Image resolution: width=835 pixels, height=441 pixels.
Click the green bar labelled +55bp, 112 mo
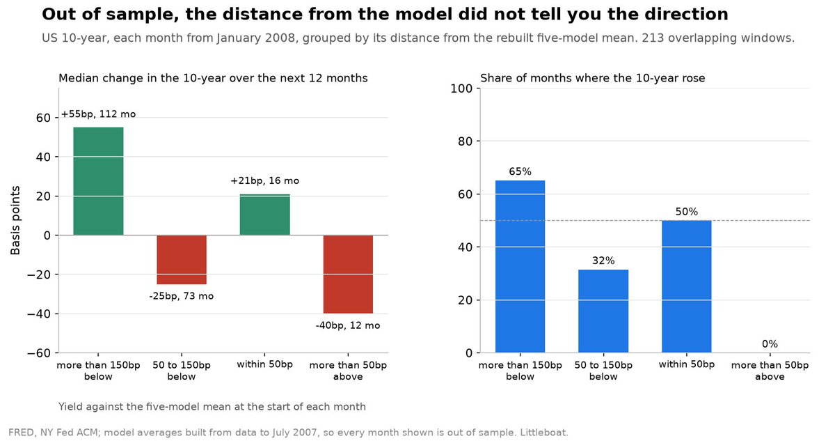[x=98, y=181]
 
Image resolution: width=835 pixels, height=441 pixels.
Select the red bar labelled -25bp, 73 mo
[x=182, y=260]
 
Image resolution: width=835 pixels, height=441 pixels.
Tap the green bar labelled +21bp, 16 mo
[x=264, y=215]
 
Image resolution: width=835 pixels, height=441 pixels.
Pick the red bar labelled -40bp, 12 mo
[x=348, y=274]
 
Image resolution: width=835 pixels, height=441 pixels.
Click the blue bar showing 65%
[x=520, y=266]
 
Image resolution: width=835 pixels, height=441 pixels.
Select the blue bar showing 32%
[x=603, y=311]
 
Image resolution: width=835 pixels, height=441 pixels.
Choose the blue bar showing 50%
[x=687, y=286]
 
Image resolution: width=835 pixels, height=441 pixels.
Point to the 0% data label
[x=770, y=343]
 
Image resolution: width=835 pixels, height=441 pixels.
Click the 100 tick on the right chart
[x=461, y=88]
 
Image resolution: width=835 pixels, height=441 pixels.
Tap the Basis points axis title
[x=15, y=220]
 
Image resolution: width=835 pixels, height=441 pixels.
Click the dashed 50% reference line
[x=645, y=220]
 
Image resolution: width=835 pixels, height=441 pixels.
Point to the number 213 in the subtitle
[x=653, y=38]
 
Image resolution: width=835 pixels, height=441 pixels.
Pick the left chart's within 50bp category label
[x=264, y=364]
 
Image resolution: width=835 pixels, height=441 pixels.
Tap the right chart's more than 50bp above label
[x=770, y=371]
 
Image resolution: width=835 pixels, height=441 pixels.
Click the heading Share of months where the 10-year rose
[x=593, y=78]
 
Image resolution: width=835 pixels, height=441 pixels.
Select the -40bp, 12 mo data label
[x=348, y=325]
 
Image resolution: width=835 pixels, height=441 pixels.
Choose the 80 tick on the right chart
[x=466, y=141]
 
